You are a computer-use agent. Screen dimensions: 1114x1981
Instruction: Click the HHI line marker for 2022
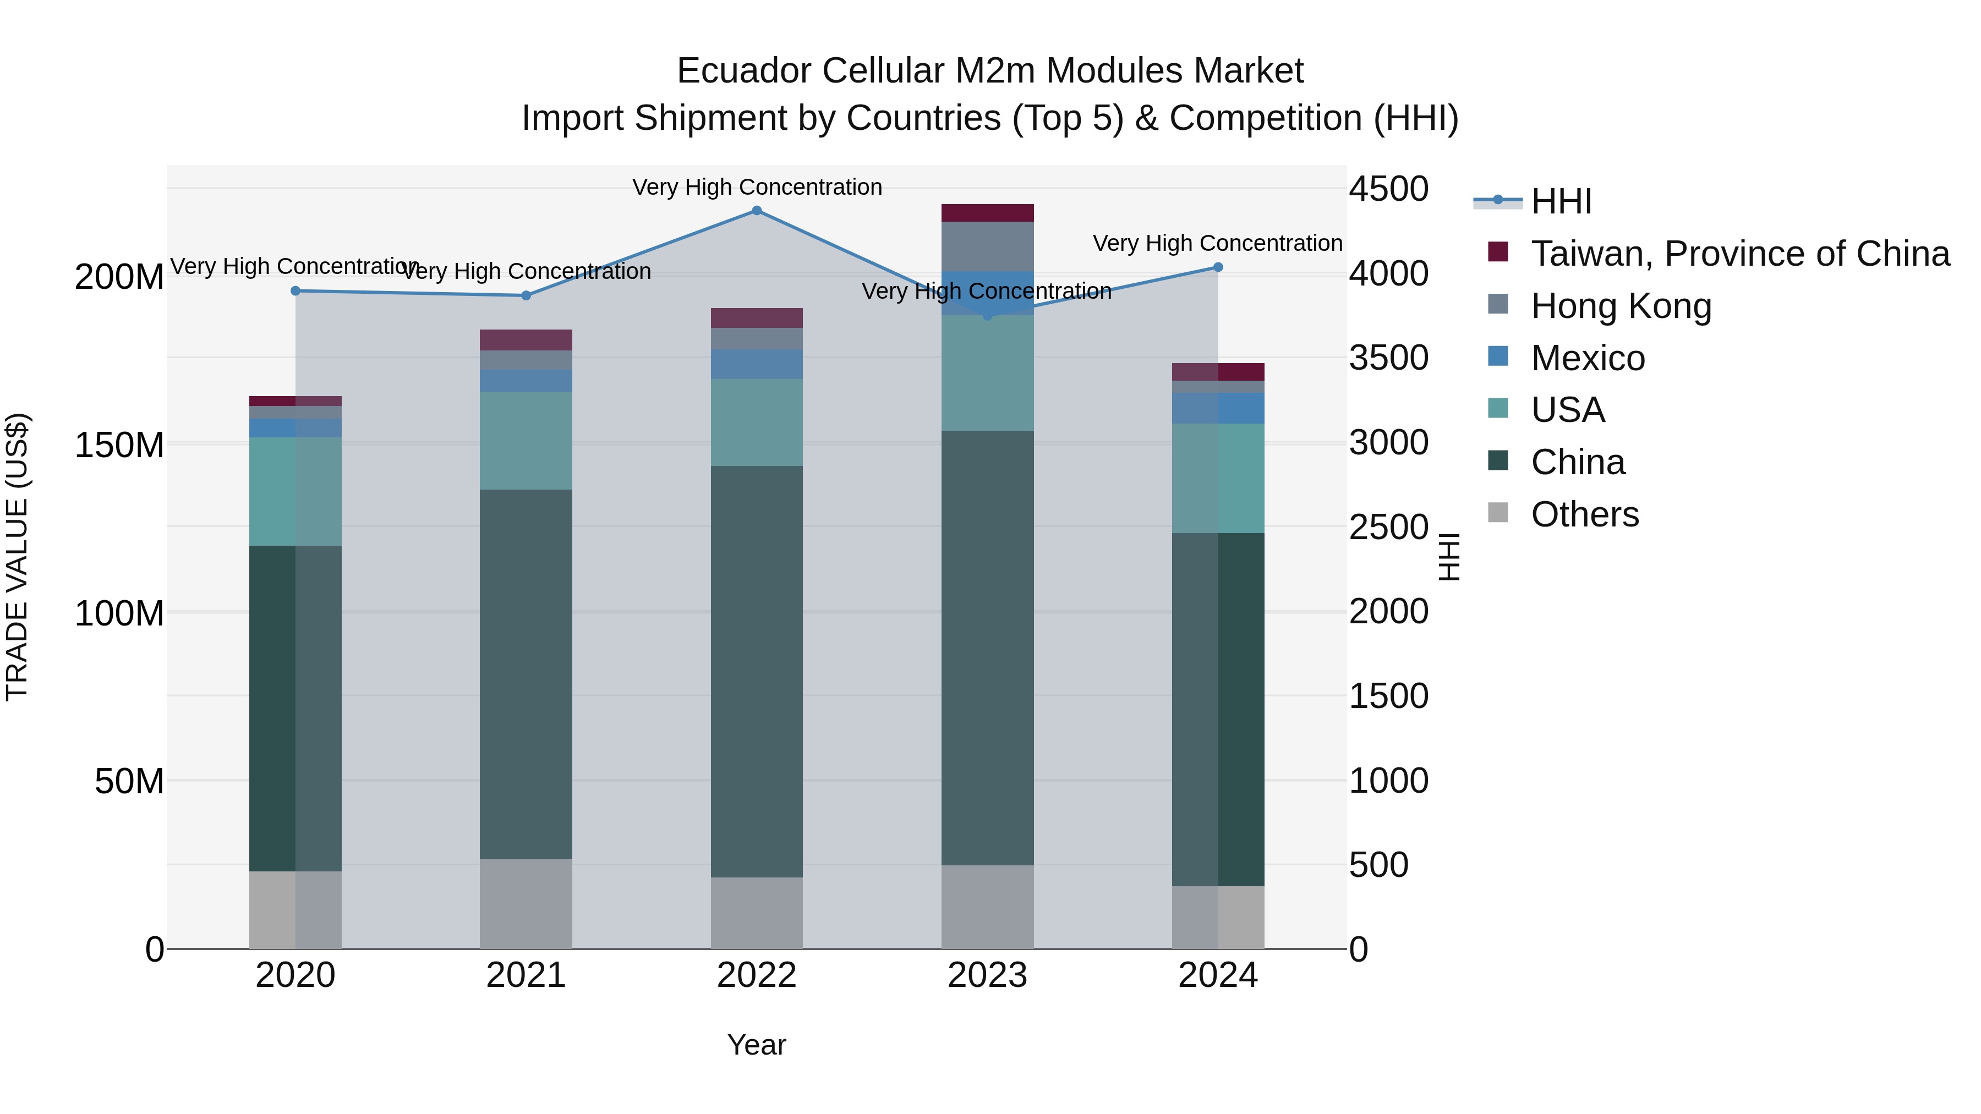click(x=757, y=211)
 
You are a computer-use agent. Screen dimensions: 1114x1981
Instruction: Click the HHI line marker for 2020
click(x=295, y=290)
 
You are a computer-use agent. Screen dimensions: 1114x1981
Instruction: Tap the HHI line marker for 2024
click(x=1218, y=267)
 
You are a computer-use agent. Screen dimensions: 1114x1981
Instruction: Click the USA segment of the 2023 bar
click(x=987, y=373)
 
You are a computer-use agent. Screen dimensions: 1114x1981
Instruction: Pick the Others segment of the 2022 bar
click(x=757, y=913)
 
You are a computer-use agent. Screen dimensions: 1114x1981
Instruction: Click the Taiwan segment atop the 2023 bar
click(x=987, y=213)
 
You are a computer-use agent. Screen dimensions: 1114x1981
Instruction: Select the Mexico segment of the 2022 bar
click(x=757, y=364)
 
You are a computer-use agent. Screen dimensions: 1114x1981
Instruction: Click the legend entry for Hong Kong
click(x=1621, y=306)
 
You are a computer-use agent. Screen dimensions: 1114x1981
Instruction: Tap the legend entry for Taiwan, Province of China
click(x=1739, y=254)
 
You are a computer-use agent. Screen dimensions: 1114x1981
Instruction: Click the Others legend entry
click(x=1584, y=514)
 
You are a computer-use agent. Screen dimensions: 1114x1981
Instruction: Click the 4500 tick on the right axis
click(x=1389, y=189)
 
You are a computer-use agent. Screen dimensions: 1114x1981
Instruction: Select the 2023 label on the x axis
click(x=987, y=975)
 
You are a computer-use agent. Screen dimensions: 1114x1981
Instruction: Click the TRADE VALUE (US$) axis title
click(x=17, y=557)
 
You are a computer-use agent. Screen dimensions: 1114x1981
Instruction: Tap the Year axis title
click(x=757, y=1045)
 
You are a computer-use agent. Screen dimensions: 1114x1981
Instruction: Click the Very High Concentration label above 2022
click(x=757, y=187)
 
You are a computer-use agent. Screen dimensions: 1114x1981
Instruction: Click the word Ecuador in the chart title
click(x=743, y=71)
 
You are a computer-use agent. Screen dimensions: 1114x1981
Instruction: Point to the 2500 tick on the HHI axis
click(x=1389, y=528)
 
